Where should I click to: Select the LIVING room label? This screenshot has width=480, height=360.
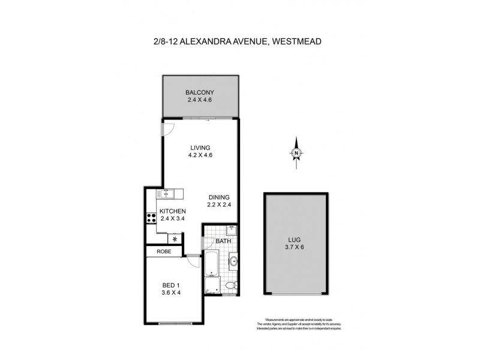(x=200, y=147)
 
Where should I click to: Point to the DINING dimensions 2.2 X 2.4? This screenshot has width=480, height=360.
(x=220, y=205)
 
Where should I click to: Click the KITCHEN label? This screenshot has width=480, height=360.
(x=172, y=211)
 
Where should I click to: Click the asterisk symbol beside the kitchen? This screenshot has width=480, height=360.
(x=175, y=239)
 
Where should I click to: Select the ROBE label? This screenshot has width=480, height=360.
(x=164, y=252)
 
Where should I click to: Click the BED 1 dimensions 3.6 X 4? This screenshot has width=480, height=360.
(x=172, y=293)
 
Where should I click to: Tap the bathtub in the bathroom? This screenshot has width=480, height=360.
(x=211, y=264)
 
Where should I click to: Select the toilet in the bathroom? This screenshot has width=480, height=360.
(x=232, y=286)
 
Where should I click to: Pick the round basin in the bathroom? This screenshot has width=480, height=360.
(x=233, y=260)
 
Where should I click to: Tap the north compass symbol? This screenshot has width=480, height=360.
(x=296, y=153)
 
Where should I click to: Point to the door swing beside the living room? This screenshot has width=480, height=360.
(x=169, y=128)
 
